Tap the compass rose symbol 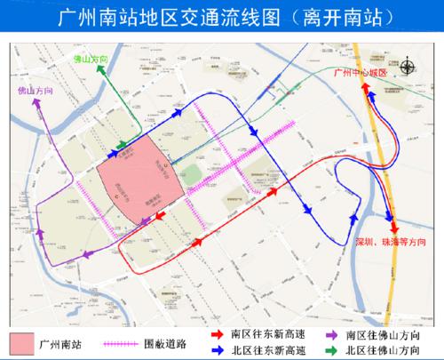pyautogui.click(x=407, y=64)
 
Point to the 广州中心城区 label pyautogui.click(x=355, y=73)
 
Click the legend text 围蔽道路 pyautogui.click(x=166, y=341)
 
